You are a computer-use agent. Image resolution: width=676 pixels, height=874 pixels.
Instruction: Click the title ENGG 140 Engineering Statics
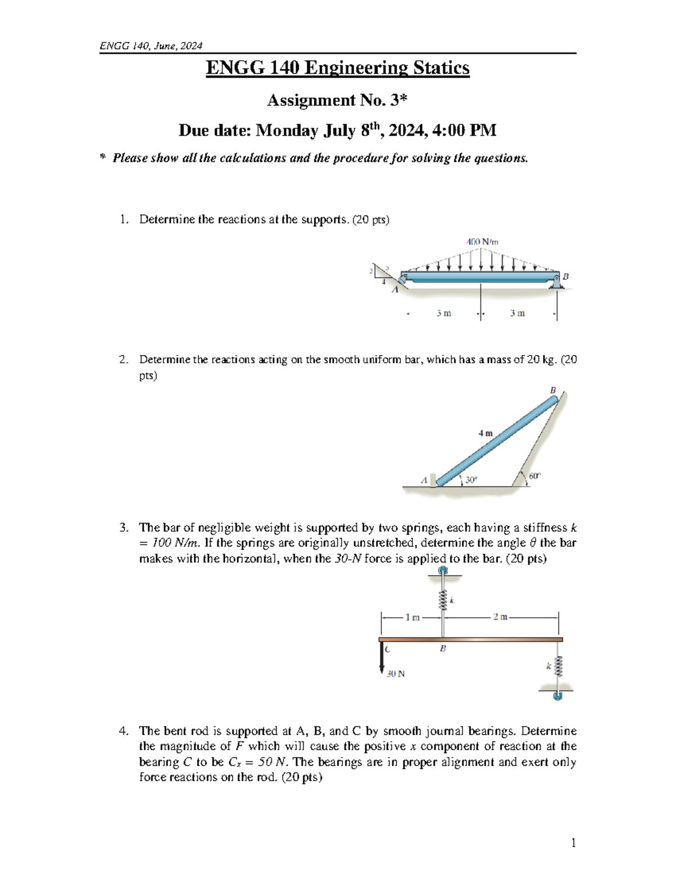pos(337,68)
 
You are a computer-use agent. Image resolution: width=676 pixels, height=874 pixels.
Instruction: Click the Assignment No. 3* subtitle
pos(337,100)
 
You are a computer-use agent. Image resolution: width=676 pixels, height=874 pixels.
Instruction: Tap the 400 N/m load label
pos(482,241)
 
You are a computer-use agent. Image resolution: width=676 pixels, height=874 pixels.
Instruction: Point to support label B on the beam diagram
pos(566,276)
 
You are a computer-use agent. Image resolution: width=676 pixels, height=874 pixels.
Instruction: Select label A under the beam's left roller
pos(394,290)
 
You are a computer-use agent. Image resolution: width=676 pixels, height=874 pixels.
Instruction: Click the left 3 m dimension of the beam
pos(443,313)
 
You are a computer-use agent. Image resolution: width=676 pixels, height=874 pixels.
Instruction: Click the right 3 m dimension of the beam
pos(517,313)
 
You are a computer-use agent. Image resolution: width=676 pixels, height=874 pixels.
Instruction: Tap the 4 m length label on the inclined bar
pos(485,433)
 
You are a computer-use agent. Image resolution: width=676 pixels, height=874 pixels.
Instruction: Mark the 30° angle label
pos(471,479)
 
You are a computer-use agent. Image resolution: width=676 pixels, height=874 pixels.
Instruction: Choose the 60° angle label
pos(534,476)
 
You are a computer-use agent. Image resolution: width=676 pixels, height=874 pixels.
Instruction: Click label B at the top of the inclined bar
pos(553,390)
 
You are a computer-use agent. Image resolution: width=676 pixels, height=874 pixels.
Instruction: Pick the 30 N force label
pos(396,673)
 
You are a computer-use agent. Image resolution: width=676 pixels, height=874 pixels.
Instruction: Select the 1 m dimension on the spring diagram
pos(412,617)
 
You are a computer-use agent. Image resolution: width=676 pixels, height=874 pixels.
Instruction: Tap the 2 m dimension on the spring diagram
pos(500,617)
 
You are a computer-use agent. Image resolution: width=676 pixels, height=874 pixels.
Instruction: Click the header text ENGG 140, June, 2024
pos(150,46)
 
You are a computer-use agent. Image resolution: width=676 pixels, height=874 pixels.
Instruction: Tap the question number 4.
pos(123,731)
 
